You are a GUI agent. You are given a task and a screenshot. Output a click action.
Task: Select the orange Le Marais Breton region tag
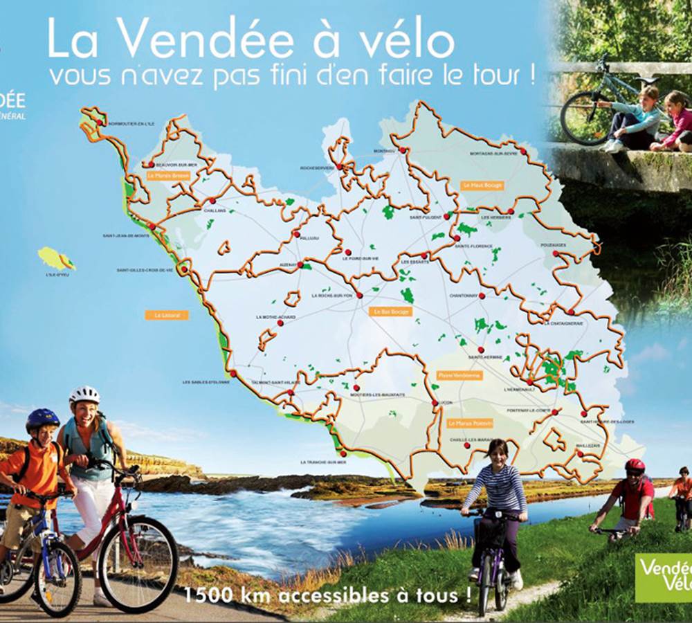(x=168, y=176)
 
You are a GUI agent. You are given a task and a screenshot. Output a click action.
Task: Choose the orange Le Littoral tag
(x=167, y=315)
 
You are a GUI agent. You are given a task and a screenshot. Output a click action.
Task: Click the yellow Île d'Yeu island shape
(x=55, y=258)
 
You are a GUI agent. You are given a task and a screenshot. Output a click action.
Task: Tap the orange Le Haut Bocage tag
(x=482, y=186)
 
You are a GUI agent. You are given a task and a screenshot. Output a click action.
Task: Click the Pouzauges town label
(x=553, y=245)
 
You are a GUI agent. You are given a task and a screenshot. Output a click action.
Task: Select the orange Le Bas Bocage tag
(x=392, y=311)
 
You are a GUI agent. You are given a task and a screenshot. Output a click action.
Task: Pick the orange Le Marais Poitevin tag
(x=470, y=423)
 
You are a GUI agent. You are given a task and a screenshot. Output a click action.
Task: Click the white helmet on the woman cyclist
(x=84, y=395)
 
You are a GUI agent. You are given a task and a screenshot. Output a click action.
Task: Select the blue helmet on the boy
(x=42, y=418)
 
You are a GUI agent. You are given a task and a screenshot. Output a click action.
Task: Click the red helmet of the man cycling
(x=635, y=465)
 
